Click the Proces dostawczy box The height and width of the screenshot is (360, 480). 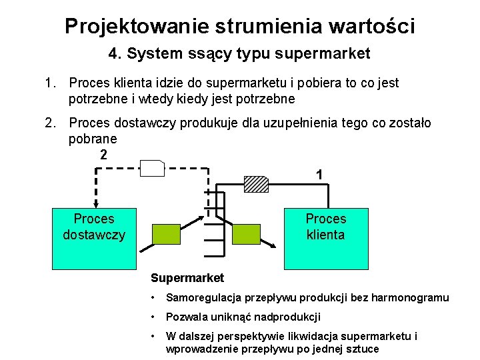93,238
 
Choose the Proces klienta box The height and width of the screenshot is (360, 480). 326,238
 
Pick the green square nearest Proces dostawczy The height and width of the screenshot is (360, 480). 167,234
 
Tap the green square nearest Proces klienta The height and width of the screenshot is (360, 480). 246,234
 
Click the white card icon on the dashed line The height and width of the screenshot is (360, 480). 153,169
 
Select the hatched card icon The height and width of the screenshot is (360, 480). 256,183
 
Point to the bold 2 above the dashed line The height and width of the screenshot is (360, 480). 103,155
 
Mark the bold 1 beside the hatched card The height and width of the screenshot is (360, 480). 320,175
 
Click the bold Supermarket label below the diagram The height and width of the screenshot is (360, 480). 187,278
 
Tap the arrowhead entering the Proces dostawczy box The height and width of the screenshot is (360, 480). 96,205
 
